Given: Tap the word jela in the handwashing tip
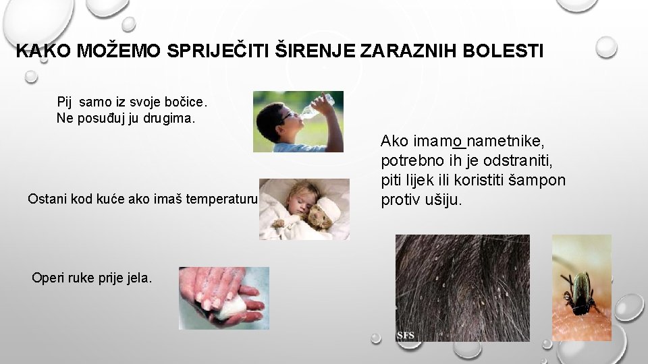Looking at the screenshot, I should [138, 278].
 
